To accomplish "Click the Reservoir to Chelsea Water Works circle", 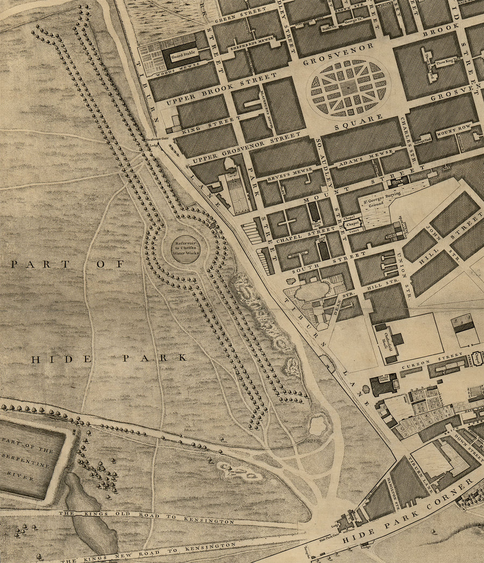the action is (186, 249).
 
